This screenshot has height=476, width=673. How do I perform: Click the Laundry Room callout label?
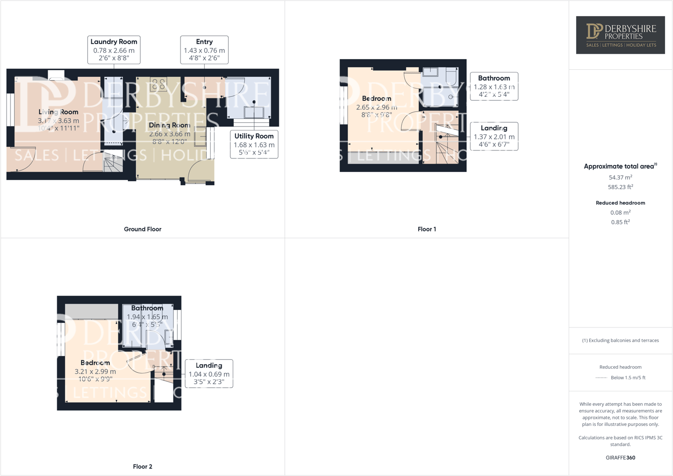click(114, 50)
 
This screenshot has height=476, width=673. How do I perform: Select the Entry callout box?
click(204, 50)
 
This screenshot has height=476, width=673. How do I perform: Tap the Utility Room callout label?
click(254, 144)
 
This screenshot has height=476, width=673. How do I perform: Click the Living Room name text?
click(58, 112)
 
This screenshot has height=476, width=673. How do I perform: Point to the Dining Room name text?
click(170, 125)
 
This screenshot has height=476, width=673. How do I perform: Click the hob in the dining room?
click(158, 85)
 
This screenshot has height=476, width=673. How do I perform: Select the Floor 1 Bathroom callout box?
click(493, 86)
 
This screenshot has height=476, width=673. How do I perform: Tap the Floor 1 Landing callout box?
click(493, 136)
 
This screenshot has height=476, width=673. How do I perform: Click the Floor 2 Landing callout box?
click(209, 373)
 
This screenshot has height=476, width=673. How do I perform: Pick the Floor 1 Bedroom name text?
click(376, 98)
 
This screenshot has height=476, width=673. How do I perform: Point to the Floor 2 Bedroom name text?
click(95, 363)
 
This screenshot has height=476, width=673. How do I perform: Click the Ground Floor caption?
click(142, 229)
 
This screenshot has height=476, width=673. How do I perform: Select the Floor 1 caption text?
click(427, 229)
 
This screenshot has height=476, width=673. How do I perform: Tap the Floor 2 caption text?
click(142, 466)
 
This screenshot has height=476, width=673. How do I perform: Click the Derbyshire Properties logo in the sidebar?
click(620, 35)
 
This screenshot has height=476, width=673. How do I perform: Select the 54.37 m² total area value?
click(620, 178)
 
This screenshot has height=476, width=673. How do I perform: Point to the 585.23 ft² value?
click(620, 187)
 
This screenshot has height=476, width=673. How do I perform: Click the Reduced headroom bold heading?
click(620, 203)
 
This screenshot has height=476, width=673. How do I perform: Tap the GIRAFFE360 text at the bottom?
click(620, 457)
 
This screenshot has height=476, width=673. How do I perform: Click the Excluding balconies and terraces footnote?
click(620, 340)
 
